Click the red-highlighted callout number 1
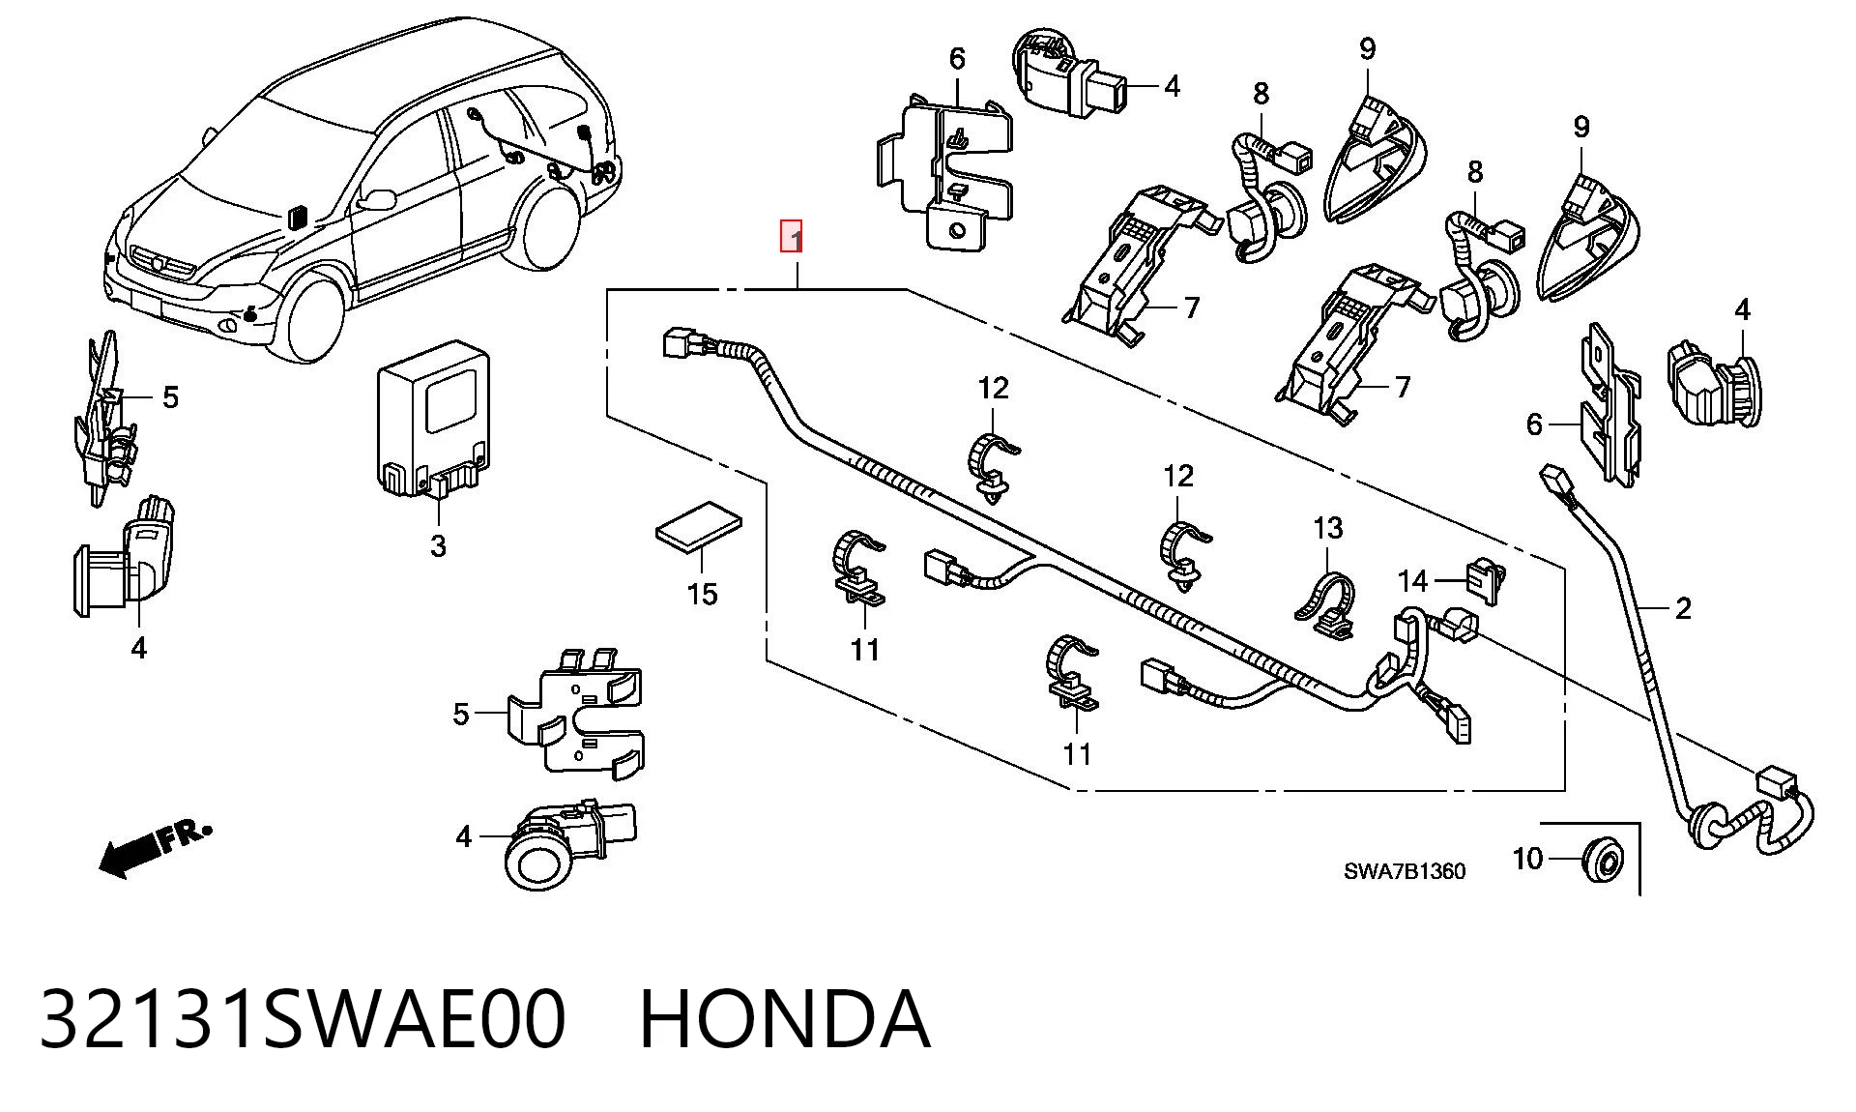coord(792,237)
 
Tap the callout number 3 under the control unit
coord(438,546)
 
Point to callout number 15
coord(703,594)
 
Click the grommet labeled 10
coord(1604,860)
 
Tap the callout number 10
coord(1528,859)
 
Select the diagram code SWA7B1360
coord(1405,871)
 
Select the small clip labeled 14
coord(1487,580)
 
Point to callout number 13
coord(1328,528)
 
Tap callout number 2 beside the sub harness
coord(1683,608)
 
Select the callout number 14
coord(1413,580)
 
